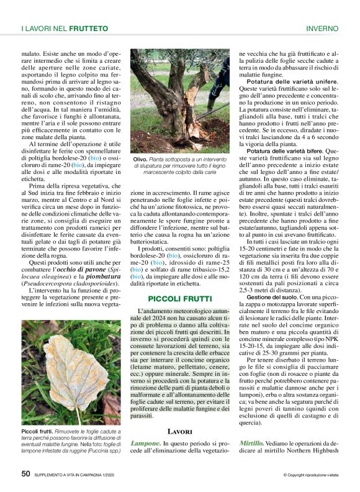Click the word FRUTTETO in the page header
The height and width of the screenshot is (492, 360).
[x=89, y=29]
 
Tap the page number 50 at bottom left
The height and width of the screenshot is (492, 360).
[x=25, y=473]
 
